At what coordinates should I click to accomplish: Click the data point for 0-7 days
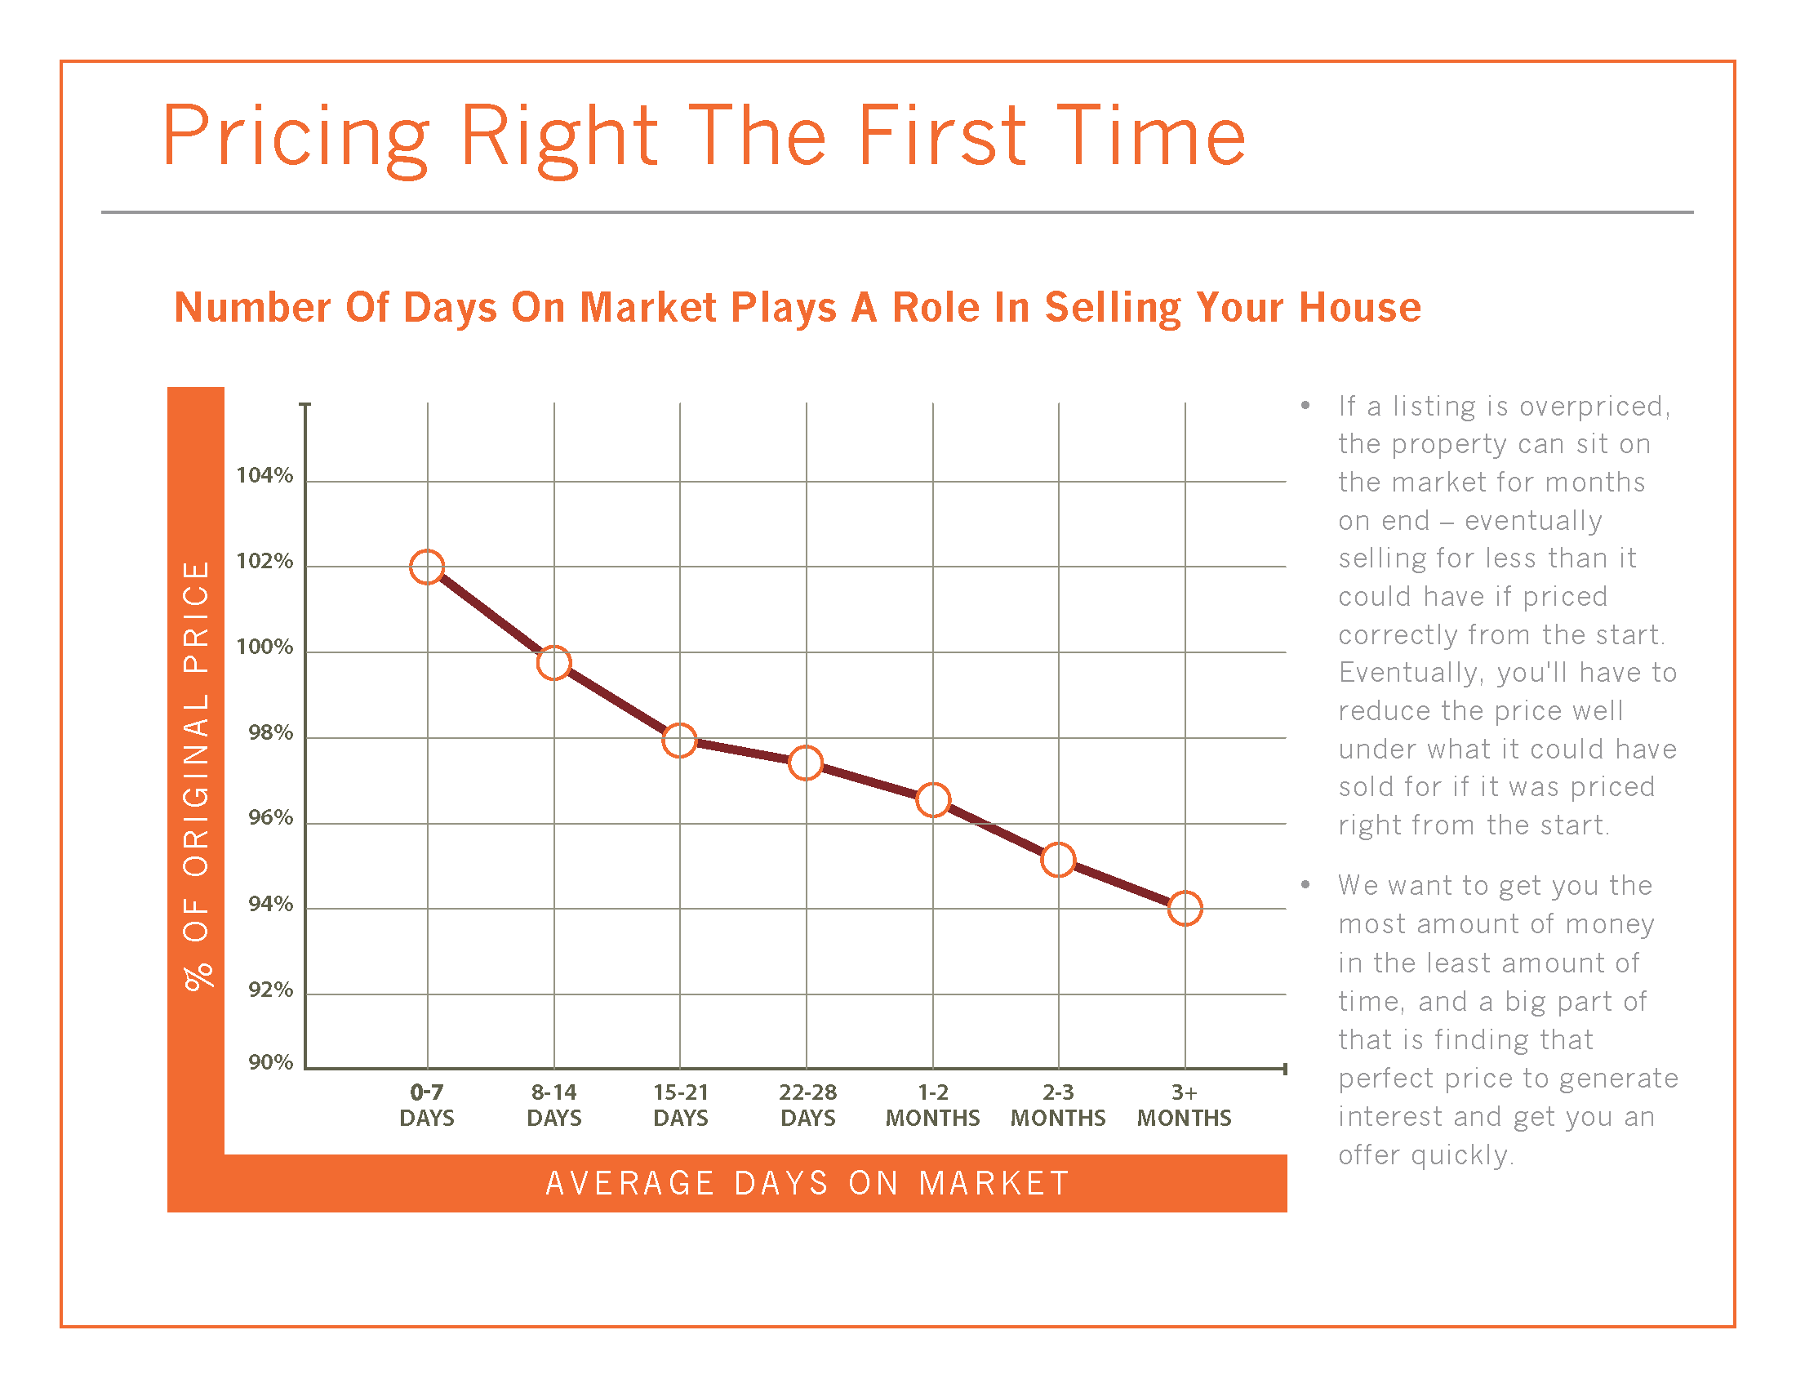click(427, 567)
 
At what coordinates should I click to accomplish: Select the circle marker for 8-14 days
click(553, 663)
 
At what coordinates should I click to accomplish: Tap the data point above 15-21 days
click(679, 740)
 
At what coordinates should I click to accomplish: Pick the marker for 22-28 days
click(806, 763)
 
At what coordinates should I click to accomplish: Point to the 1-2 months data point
click(933, 799)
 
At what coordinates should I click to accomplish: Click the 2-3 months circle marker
click(1058, 860)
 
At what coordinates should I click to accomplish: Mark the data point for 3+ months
click(1185, 909)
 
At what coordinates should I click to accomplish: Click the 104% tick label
click(264, 475)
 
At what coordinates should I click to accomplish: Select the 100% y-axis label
click(264, 647)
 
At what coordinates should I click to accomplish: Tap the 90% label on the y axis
click(270, 1062)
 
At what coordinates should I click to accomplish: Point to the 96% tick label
click(270, 818)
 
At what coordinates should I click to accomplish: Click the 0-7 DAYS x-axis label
click(427, 1106)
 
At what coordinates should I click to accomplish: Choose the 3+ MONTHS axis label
click(1185, 1106)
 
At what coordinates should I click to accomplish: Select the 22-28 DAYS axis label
click(807, 1106)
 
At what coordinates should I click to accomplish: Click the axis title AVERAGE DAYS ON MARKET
click(807, 1183)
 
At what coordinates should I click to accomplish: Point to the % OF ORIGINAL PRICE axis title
click(197, 776)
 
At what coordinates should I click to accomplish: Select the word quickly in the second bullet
click(1462, 1155)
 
